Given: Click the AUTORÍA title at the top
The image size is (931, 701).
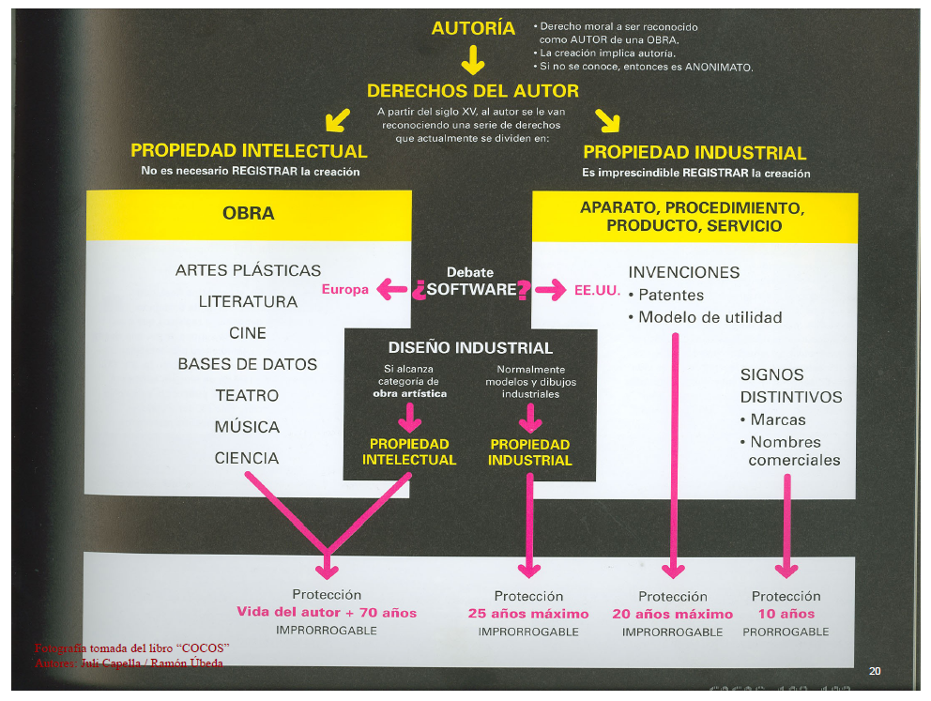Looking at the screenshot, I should click(x=473, y=29).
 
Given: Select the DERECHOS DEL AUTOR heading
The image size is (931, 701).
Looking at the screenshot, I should click(x=472, y=92).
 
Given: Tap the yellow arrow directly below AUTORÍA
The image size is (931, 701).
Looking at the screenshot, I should click(x=472, y=62).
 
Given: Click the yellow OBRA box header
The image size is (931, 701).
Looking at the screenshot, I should click(x=249, y=214).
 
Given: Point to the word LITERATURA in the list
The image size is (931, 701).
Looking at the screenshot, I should click(x=248, y=302).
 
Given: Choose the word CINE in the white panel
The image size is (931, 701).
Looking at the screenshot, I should click(x=248, y=333).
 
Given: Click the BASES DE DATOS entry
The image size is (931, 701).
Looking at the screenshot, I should click(x=248, y=364).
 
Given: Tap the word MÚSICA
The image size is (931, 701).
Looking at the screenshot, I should click(x=247, y=427).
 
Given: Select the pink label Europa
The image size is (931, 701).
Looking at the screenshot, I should click(x=345, y=289).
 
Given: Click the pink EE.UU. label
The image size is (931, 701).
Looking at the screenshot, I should click(x=597, y=290).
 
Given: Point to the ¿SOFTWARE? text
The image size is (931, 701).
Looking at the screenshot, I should click(x=471, y=290).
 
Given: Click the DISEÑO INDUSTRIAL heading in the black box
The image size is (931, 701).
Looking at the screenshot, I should click(x=470, y=348).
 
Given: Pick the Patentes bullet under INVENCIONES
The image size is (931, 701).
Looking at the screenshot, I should click(x=670, y=295).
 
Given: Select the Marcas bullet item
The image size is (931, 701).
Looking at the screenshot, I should click(x=777, y=419).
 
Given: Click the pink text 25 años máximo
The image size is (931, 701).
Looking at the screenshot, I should click(x=528, y=614).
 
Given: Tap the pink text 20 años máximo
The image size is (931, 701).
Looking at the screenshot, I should click(x=672, y=614).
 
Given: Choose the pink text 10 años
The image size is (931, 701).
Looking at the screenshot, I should click(x=786, y=614).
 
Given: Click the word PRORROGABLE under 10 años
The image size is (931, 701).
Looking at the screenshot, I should click(x=786, y=632).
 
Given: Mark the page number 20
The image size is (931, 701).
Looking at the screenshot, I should click(x=875, y=671).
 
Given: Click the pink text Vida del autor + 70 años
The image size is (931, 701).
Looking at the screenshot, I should click(x=327, y=613).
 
